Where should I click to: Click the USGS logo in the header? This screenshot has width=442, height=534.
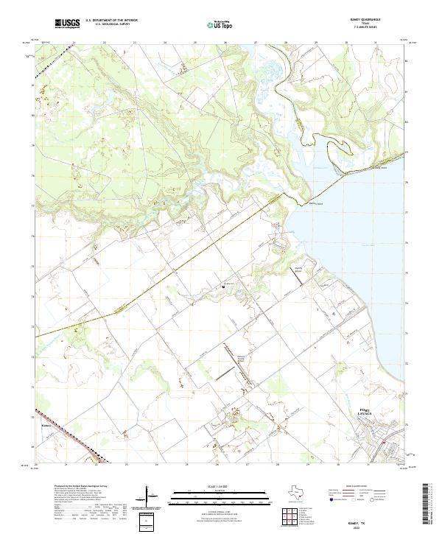pyautogui.click(x=67, y=24)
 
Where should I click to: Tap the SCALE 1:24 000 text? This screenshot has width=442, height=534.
pyautogui.click(x=217, y=486)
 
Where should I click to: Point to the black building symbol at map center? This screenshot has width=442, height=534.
pyautogui.click(x=223, y=286)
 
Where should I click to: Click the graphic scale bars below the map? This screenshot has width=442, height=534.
pyautogui.click(x=217, y=498)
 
